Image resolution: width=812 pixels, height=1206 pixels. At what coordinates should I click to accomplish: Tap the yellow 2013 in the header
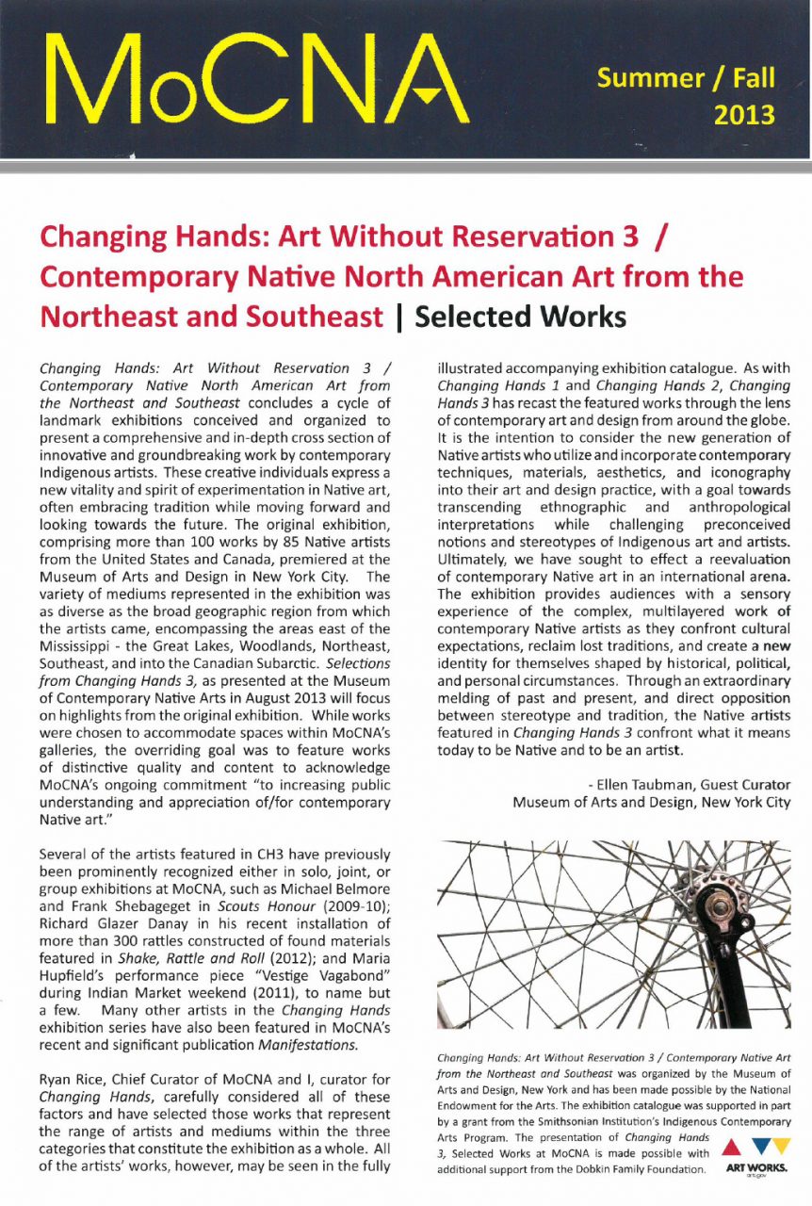click(743, 115)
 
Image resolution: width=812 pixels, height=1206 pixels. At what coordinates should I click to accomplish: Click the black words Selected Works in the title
click(520, 317)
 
